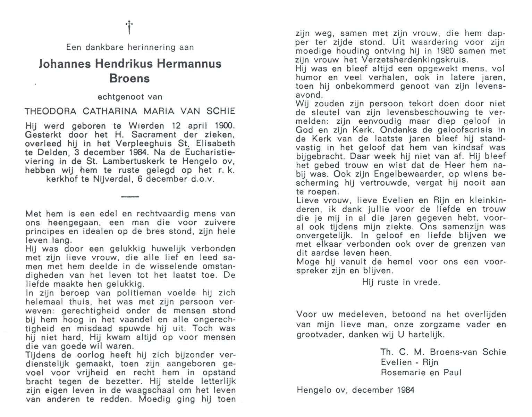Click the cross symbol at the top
129,27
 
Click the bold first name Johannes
61,64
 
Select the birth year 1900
224,126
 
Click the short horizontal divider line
130,197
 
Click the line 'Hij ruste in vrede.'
401,282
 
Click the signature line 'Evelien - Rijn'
409,362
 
